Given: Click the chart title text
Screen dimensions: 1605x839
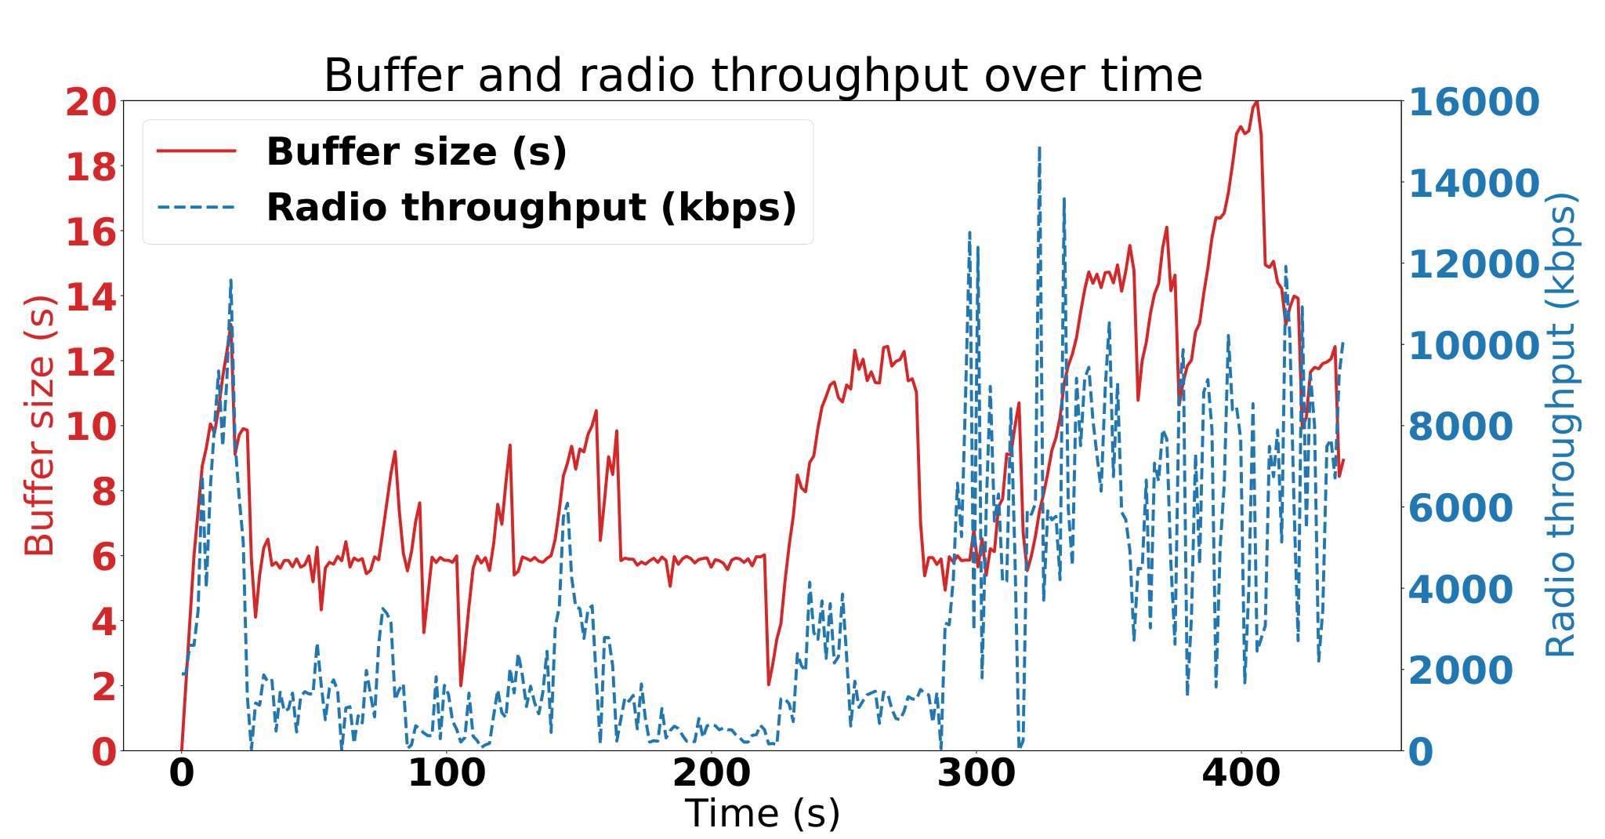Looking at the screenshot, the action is tap(763, 76).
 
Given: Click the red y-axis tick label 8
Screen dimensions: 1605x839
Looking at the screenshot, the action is tap(103, 493).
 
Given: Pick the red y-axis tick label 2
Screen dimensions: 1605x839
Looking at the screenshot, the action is tap(103, 688).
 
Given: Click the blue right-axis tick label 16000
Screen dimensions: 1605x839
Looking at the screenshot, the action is tap(1475, 103).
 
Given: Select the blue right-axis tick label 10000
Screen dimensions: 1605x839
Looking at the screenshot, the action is tap(1475, 346).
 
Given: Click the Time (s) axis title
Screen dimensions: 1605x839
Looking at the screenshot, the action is tap(763, 813).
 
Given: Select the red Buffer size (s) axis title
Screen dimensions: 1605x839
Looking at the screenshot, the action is tap(39, 426).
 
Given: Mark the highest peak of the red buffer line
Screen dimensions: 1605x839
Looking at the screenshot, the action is tap(1256, 102).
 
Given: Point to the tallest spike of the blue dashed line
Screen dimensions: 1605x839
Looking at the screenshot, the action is tap(1039, 147).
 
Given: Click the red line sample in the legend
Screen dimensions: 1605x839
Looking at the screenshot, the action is tap(196, 151).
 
